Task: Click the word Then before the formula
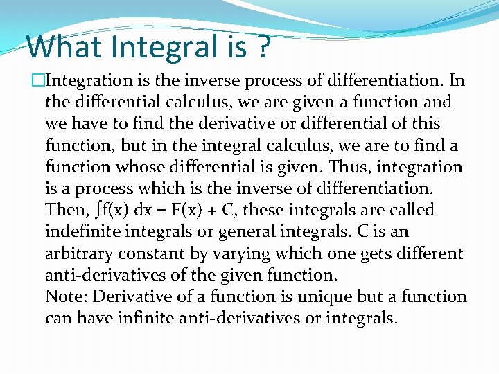point(65,210)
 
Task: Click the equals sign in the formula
point(173,211)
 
